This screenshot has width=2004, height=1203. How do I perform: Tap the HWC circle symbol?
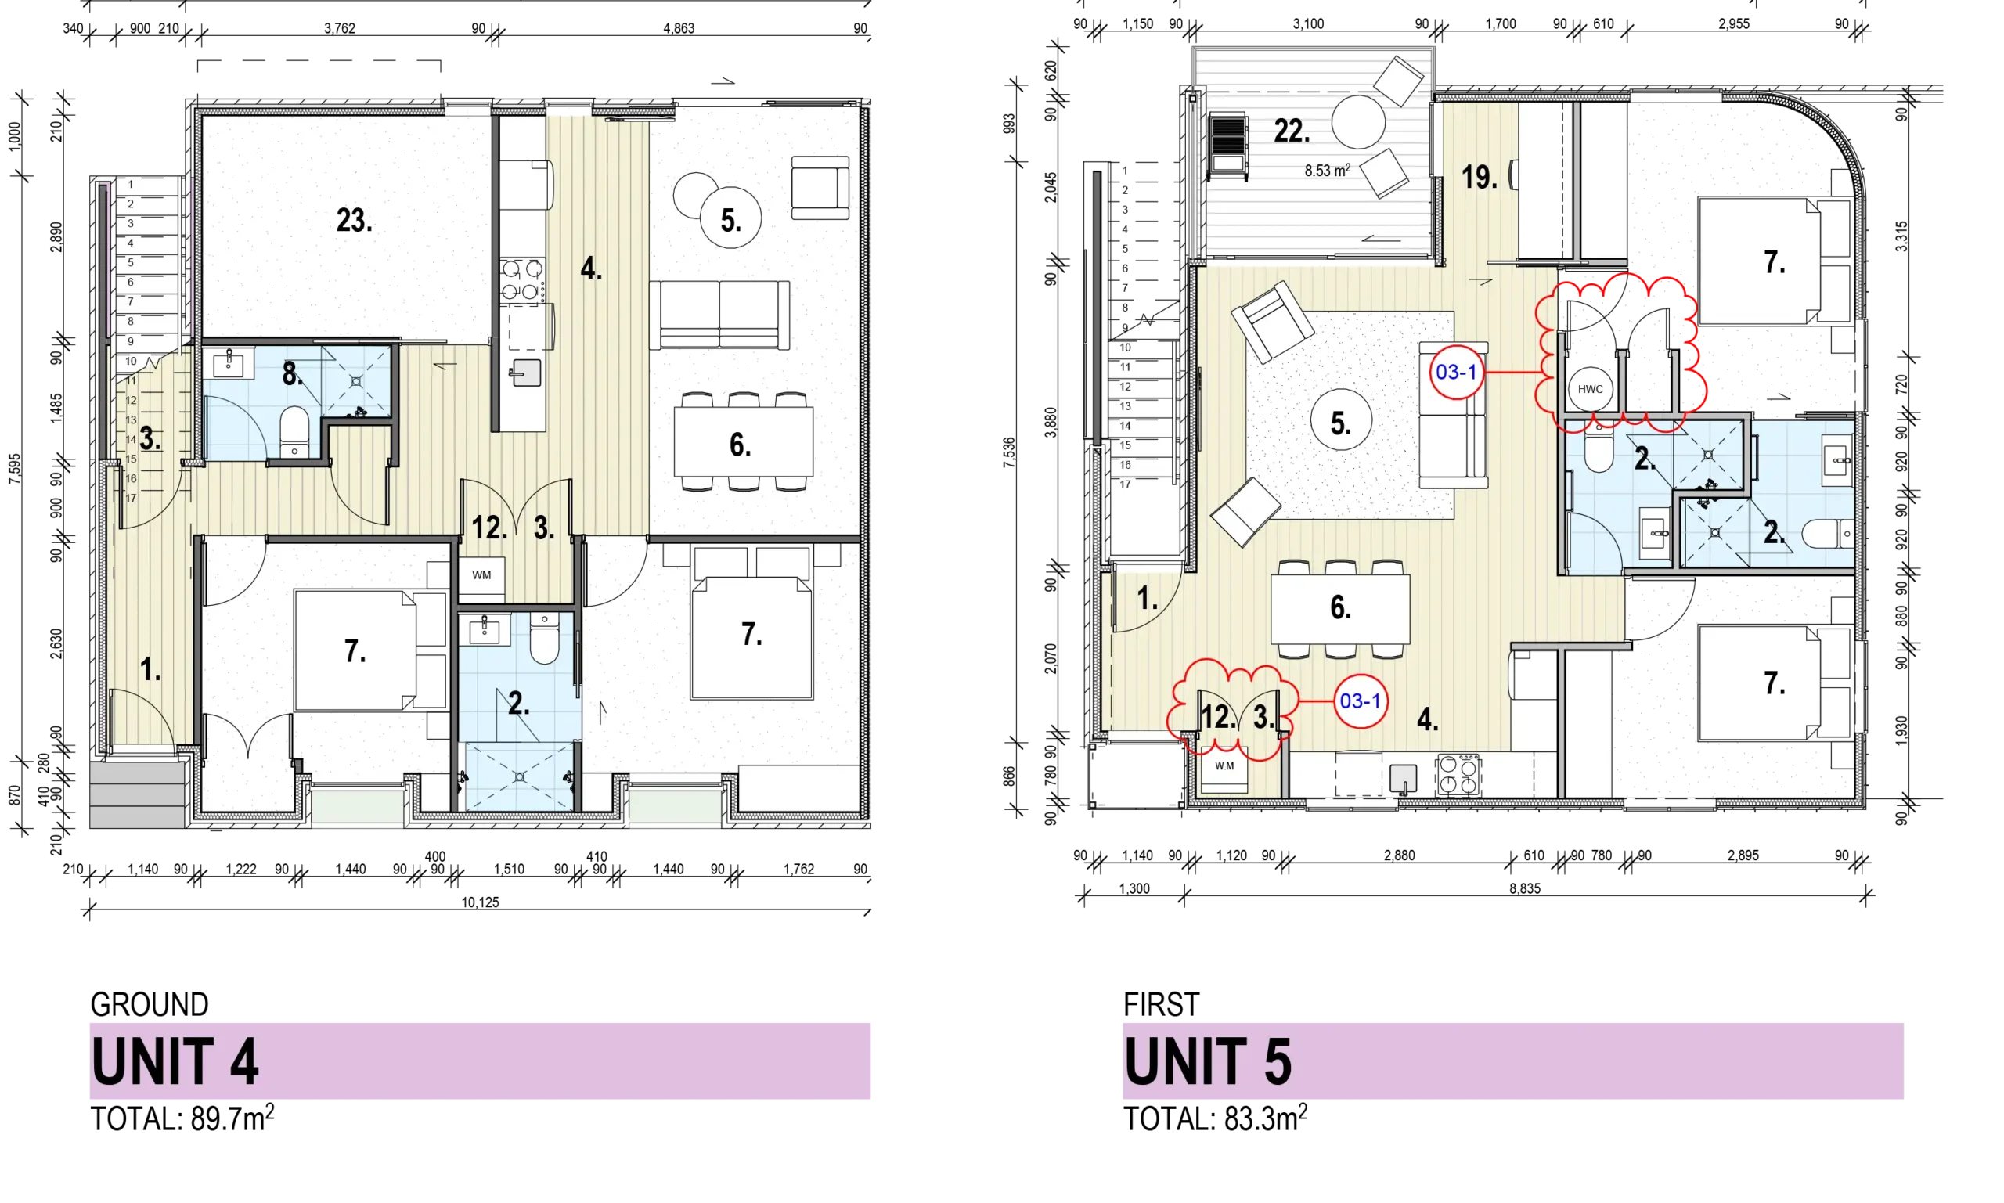[1590, 389]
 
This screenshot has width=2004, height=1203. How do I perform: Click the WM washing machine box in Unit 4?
[481, 575]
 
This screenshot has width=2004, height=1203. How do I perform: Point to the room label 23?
[355, 221]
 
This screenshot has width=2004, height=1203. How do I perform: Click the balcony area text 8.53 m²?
[1327, 171]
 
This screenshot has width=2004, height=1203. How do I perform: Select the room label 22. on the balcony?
[1292, 131]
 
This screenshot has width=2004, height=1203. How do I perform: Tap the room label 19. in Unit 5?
[1479, 177]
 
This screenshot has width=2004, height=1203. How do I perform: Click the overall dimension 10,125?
[480, 902]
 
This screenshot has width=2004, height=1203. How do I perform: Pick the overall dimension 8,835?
[1524, 888]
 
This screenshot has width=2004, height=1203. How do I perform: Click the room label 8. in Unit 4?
[293, 373]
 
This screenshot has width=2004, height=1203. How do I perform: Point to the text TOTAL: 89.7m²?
[182, 1118]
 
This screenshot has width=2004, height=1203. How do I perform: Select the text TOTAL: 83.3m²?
[1215, 1118]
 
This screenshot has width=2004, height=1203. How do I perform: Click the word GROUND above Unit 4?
[150, 1004]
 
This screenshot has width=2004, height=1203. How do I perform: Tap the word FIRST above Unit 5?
[1161, 1004]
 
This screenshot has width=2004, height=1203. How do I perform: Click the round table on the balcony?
[1359, 121]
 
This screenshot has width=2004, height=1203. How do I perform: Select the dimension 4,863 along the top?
[679, 28]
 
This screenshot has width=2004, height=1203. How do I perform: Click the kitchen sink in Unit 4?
[526, 373]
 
